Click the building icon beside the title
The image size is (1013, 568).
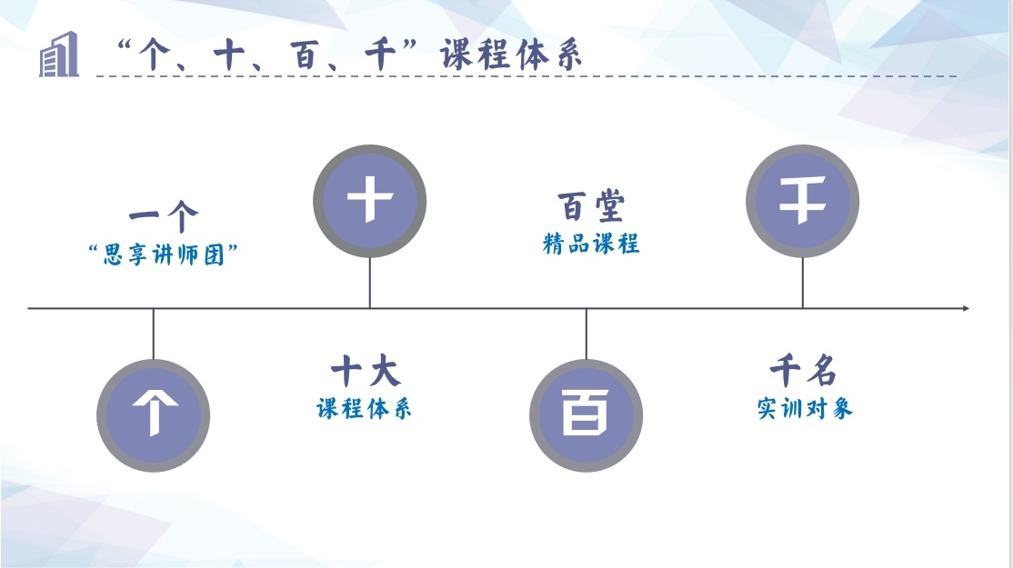pyautogui.click(x=59, y=55)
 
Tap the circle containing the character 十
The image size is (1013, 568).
pyautogui.click(x=369, y=201)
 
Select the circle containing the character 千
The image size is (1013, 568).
pyautogui.click(x=802, y=201)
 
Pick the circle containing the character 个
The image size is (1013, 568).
pyautogui.click(x=153, y=415)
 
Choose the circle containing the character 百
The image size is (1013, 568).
pyautogui.click(x=586, y=415)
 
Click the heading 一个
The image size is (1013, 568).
pyautogui.click(x=164, y=216)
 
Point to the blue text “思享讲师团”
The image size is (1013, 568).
pyautogui.click(x=164, y=254)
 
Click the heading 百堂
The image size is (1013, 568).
pyautogui.click(x=591, y=206)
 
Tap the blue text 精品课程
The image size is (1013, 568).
pyautogui.click(x=591, y=244)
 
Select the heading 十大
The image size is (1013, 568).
pyautogui.click(x=366, y=371)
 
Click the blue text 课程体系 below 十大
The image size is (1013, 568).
pyautogui.click(x=364, y=408)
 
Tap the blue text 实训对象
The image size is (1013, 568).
pyautogui.click(x=805, y=408)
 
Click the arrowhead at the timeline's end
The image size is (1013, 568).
pyautogui.click(x=966, y=308)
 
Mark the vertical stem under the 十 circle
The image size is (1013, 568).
pyautogui.click(x=369, y=283)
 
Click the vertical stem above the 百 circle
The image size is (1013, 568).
pyautogui.click(x=586, y=334)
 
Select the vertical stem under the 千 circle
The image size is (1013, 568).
pyautogui.click(x=802, y=283)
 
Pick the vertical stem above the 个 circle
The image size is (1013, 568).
pyautogui.click(x=153, y=334)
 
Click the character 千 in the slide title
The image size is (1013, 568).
pyautogui.click(x=380, y=55)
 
